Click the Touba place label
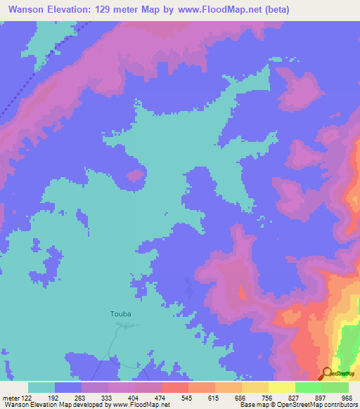121,314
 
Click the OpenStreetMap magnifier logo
328,373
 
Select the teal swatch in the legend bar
41,387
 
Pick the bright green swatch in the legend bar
309,387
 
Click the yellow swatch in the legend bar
282,387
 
